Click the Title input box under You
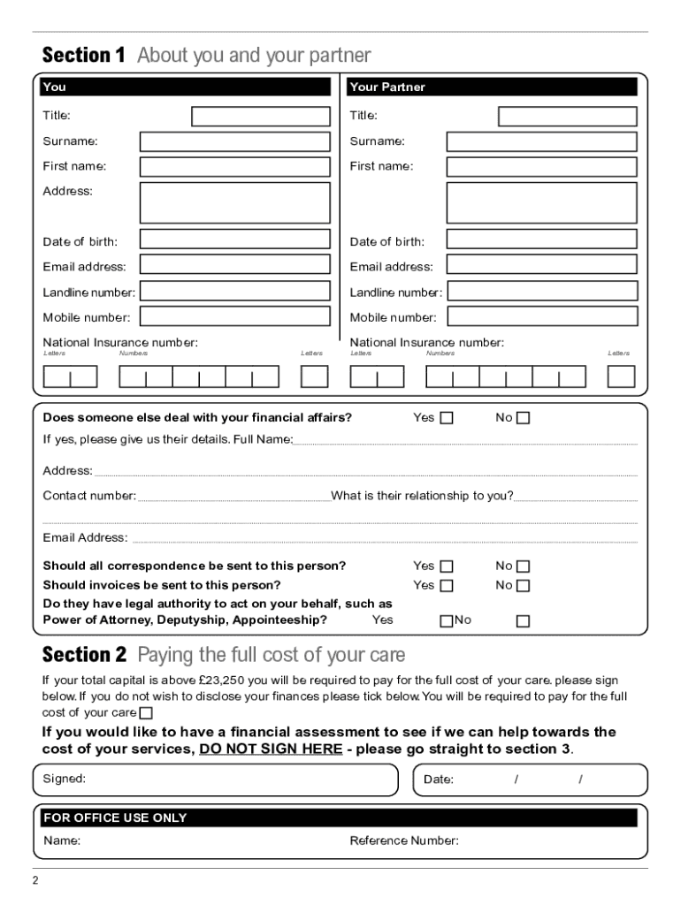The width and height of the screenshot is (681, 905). pyautogui.click(x=261, y=117)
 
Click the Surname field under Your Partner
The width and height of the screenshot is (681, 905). pyautogui.click(x=541, y=141)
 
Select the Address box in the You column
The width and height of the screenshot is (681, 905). pyautogui.click(x=234, y=202)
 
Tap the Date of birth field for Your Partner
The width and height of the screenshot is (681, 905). pyautogui.click(x=541, y=240)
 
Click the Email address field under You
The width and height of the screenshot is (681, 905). pyautogui.click(x=234, y=264)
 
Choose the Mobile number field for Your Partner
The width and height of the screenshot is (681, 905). pyautogui.click(x=541, y=316)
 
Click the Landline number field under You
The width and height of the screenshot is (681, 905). pyautogui.click(x=234, y=291)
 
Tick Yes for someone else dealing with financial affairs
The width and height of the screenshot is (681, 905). pyautogui.click(x=447, y=418)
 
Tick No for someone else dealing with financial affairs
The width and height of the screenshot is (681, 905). pyautogui.click(x=523, y=418)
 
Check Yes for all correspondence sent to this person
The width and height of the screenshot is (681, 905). pyautogui.click(x=447, y=567)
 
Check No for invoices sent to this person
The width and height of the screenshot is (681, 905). pyautogui.click(x=523, y=585)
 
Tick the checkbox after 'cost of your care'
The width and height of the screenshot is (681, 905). pyautogui.click(x=146, y=713)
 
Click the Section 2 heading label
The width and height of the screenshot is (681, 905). pyautogui.click(x=85, y=655)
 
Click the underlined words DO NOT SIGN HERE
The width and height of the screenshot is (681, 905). pyautogui.click(x=271, y=749)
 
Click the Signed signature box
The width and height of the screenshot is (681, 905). pyautogui.click(x=216, y=780)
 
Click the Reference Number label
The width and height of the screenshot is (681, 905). pyautogui.click(x=404, y=840)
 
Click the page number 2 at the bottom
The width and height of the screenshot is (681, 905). pyautogui.click(x=35, y=881)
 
